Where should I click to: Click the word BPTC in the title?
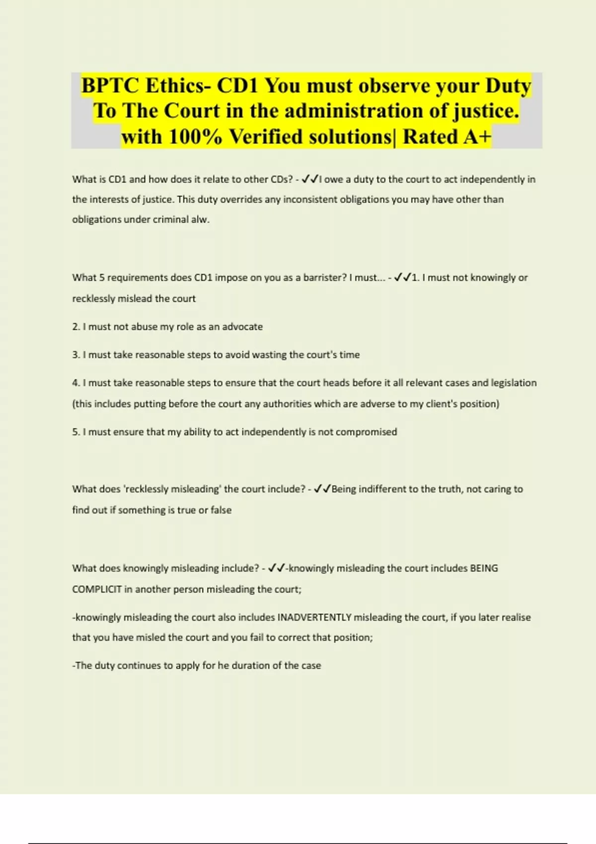(x=110, y=86)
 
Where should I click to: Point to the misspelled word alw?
(x=200, y=219)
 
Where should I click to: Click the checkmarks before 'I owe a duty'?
(x=310, y=179)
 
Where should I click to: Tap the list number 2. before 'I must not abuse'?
(x=76, y=327)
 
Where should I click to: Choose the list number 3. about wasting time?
(x=76, y=355)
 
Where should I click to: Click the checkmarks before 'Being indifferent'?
(x=323, y=489)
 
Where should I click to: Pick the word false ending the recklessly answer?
(x=221, y=510)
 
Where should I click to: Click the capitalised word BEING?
(x=484, y=568)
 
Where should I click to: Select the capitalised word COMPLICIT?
(x=97, y=589)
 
